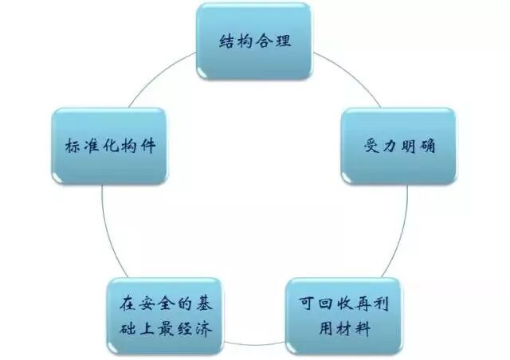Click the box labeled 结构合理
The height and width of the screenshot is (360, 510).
(254, 41)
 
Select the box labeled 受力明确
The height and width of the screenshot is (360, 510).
(398, 147)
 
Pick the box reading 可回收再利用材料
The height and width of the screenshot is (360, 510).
(343, 316)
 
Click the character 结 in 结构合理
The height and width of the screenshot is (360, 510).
(226, 41)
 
